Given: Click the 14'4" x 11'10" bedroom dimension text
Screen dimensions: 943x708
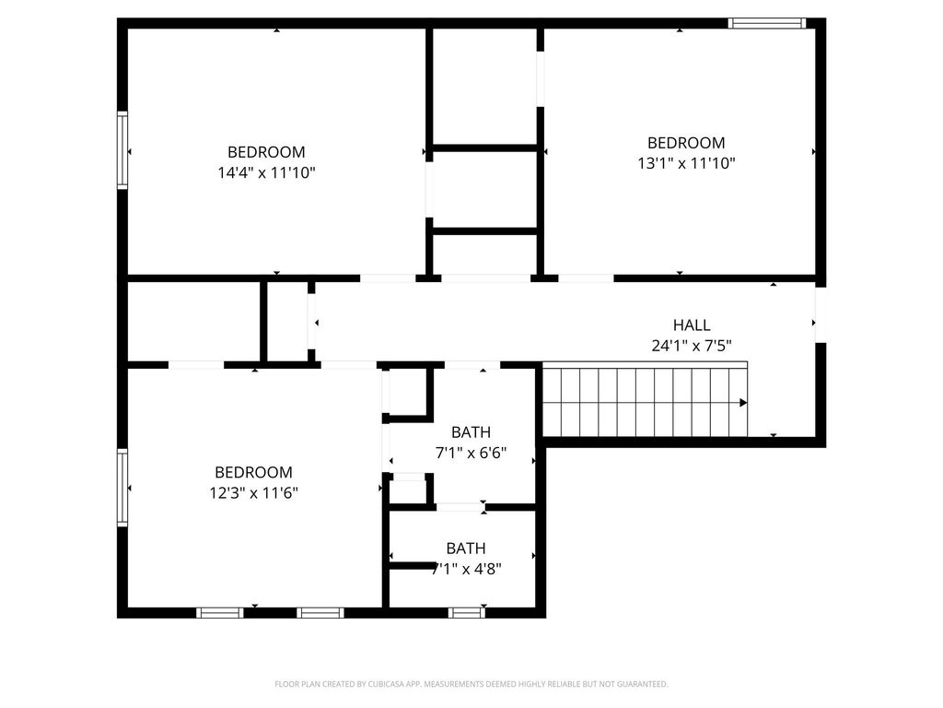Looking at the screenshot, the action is tap(266, 172).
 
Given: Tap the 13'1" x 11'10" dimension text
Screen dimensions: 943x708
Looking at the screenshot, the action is tap(686, 163).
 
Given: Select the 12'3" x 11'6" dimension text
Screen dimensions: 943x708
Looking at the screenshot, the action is tap(253, 493).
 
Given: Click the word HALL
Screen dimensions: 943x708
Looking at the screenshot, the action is tap(692, 325).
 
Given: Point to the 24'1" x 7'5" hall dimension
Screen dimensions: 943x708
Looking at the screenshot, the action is tap(692, 346).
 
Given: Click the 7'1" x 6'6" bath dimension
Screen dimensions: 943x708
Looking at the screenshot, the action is tap(471, 452).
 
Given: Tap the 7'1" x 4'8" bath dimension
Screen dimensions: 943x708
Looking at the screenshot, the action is tap(466, 568).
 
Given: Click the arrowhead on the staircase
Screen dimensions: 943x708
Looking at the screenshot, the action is tap(743, 402).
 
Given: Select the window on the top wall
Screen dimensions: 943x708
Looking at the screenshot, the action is tap(767, 23).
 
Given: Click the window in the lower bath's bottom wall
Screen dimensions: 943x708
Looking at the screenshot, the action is tap(466, 613).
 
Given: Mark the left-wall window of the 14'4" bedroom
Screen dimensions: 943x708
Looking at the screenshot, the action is tap(122, 150).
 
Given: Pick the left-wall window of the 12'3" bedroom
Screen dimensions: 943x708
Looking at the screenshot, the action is tap(122, 488).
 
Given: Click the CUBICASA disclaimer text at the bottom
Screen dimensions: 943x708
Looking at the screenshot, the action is tap(471, 684).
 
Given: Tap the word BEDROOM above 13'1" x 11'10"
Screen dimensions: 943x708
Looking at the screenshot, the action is tap(686, 143).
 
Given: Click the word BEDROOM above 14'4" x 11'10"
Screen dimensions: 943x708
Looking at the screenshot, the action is tap(266, 152).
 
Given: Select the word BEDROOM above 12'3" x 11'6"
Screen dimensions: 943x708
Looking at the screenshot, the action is tap(254, 472).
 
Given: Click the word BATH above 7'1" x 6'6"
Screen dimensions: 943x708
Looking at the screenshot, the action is tap(471, 432).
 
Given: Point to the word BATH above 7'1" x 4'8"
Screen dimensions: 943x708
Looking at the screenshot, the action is tap(466, 549).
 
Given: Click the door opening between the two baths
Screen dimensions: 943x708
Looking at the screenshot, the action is tap(460, 507).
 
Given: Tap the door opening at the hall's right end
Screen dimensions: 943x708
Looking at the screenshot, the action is tap(821, 315).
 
